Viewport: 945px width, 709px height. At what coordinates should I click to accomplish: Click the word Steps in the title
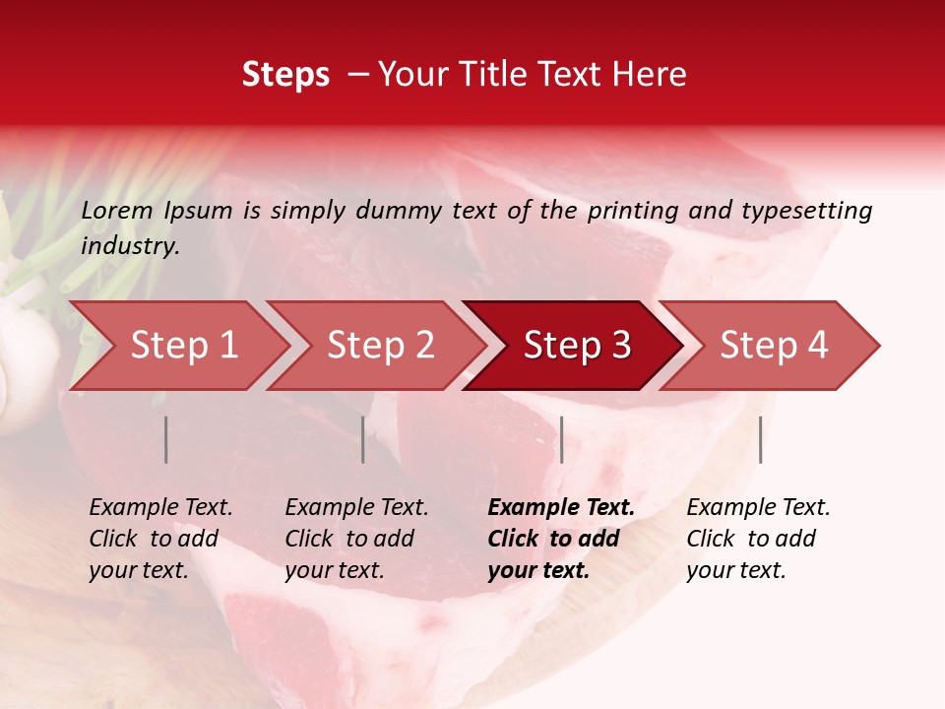(x=285, y=75)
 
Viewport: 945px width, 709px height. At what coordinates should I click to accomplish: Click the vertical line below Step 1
(x=166, y=439)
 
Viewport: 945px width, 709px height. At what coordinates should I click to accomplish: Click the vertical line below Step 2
(x=363, y=439)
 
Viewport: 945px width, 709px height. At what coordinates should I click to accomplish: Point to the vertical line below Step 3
(x=561, y=439)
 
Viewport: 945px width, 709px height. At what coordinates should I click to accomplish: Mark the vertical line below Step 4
(x=760, y=439)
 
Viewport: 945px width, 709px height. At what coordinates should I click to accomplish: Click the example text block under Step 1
(x=160, y=539)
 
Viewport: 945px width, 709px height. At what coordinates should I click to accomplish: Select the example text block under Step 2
(x=356, y=539)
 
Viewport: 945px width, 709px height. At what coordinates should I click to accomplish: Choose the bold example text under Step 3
(x=560, y=539)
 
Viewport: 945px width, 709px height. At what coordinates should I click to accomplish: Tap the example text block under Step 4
(x=758, y=539)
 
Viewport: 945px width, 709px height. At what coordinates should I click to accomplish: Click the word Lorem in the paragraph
(x=117, y=211)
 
